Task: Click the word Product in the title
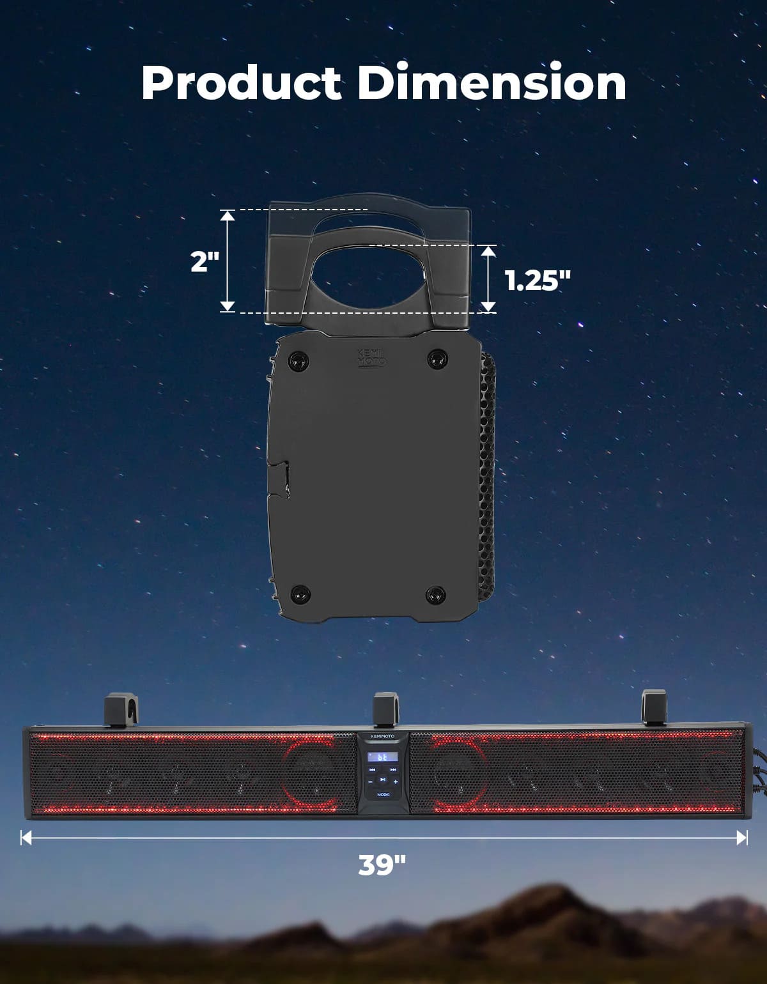click(x=242, y=82)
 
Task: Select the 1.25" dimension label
click(x=538, y=281)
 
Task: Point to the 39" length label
click(x=382, y=865)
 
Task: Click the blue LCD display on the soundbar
click(x=383, y=757)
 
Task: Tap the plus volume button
click(x=395, y=781)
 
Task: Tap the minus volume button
click(x=370, y=781)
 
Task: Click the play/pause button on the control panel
click(x=383, y=780)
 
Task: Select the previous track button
click(x=372, y=769)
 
